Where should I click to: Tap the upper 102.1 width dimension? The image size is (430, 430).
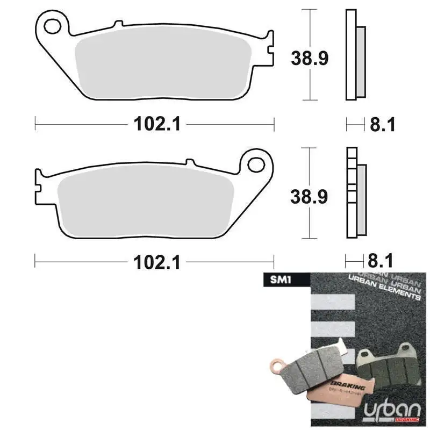tap(156, 124)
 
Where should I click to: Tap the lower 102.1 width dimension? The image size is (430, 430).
tap(156, 262)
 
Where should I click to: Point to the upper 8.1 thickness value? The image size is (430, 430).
tap(382, 125)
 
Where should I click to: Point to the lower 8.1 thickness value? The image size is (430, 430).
tap(382, 262)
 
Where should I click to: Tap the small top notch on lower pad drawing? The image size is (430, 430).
tap(189, 161)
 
